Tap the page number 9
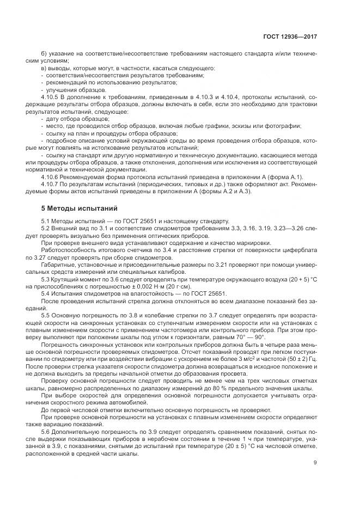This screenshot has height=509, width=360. tap(315, 463)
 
